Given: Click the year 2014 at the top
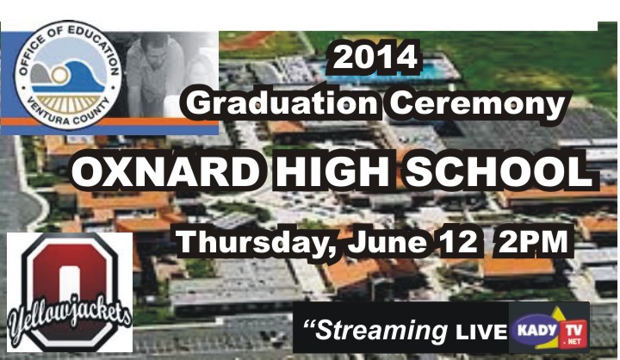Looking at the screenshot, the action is click(375, 58).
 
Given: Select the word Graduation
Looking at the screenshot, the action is click(282, 104).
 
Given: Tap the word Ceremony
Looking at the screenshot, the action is click(477, 103).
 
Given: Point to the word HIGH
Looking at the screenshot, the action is click(332, 172).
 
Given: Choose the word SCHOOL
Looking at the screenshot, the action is click(499, 172).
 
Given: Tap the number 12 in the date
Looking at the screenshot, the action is click(459, 241).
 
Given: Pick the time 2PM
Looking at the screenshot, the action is click(533, 241).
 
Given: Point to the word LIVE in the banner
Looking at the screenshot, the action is click(480, 332).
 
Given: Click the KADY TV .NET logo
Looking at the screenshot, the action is click(549, 327).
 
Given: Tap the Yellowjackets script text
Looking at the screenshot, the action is click(70, 320).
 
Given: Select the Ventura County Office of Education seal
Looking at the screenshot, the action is click(68, 75).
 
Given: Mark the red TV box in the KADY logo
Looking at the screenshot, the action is click(573, 333).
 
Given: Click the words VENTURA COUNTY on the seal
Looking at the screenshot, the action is click(67, 113).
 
